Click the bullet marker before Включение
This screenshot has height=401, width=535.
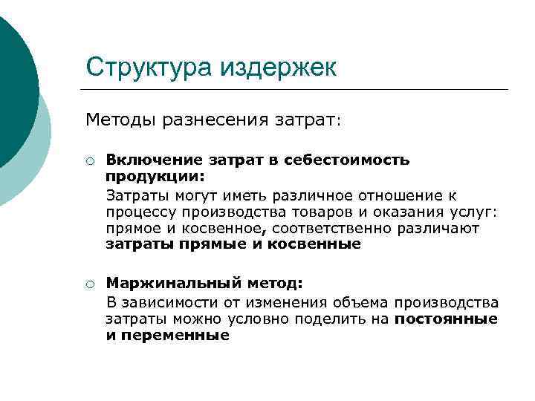[88, 160]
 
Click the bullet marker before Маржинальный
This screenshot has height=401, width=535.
[88, 283]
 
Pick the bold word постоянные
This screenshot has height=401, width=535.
[446, 319]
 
